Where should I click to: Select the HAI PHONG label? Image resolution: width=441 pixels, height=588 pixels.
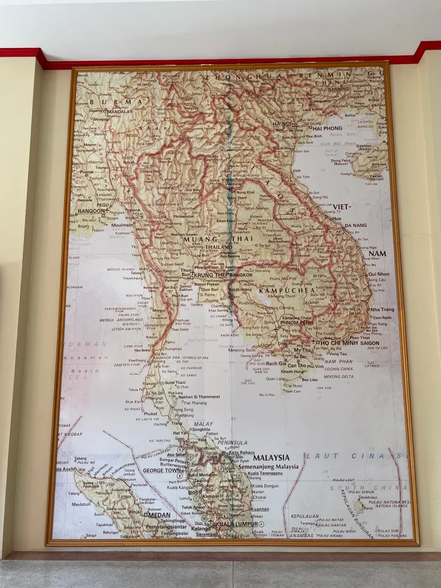(x=327, y=128)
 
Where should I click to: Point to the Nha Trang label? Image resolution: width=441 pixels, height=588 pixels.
(x=382, y=310)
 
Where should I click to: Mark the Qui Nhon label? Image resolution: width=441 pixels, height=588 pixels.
(x=379, y=274)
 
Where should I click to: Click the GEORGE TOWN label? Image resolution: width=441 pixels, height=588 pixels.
(x=162, y=470)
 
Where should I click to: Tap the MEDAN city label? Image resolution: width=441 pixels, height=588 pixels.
(x=159, y=515)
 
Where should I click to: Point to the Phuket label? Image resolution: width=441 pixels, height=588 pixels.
(x=150, y=413)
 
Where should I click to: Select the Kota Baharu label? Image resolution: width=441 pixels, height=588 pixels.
(x=242, y=452)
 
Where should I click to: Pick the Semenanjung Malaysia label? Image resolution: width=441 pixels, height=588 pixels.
(x=268, y=466)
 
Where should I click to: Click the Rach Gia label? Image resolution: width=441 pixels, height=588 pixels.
(x=276, y=363)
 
